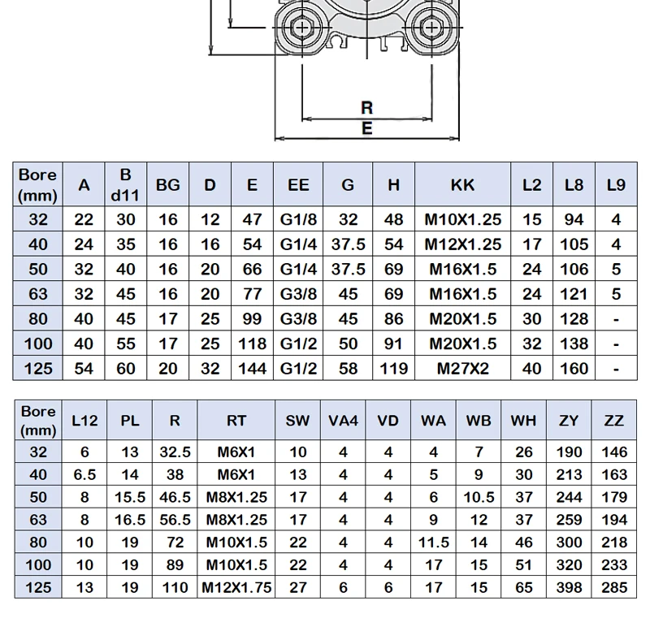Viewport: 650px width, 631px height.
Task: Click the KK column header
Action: tap(462, 185)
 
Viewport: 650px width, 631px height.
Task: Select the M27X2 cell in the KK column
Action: tap(462, 369)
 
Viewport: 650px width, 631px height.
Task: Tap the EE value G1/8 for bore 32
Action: tap(298, 219)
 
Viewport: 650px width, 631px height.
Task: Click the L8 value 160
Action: tap(574, 369)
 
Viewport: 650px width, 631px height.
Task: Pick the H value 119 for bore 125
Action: tap(393, 369)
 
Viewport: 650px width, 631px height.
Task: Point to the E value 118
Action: tap(252, 344)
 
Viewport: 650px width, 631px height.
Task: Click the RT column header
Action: tap(236, 421)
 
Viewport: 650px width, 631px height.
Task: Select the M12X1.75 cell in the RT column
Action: tap(236, 587)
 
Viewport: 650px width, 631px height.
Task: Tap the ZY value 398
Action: tap(569, 587)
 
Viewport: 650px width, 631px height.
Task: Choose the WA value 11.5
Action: tap(433, 542)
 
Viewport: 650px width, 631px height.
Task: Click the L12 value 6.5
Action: tap(84, 474)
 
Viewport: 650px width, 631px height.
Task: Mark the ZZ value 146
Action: tap(614, 452)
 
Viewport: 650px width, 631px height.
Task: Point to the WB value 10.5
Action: tap(479, 497)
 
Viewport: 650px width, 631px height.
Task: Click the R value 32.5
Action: tap(175, 452)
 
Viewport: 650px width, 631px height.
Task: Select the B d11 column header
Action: tap(125, 185)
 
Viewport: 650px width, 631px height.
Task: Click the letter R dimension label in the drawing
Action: tap(367, 108)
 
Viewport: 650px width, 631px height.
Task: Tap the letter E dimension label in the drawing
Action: tap(367, 128)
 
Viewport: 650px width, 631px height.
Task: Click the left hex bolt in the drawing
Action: tap(301, 28)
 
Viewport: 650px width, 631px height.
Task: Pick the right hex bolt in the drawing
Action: tap(431, 28)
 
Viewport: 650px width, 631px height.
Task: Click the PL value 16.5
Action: tap(130, 520)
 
